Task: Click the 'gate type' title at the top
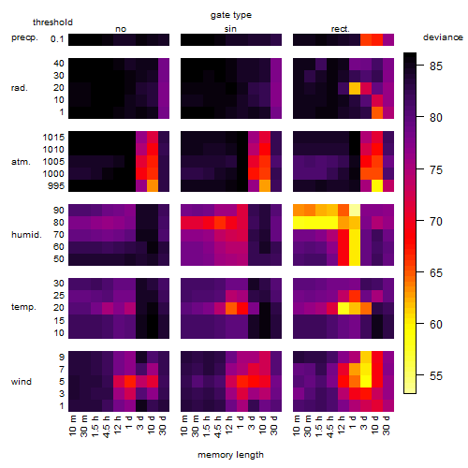[231, 15]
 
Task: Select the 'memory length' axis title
[230, 455]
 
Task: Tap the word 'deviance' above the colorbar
[443, 37]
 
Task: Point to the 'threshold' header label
[52, 22]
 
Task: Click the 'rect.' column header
[341, 29]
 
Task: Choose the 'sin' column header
[230, 29]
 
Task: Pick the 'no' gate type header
[121, 29]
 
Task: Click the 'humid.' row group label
[26, 235]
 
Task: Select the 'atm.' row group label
[21, 162]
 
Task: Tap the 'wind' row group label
[22, 382]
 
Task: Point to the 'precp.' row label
[24, 37]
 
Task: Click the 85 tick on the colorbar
[436, 66]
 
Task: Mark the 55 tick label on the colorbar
[436, 375]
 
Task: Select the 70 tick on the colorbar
[436, 222]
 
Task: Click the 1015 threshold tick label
[53, 138]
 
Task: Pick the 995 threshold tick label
[56, 186]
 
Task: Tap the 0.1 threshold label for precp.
[57, 39]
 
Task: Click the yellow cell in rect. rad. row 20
[355, 88]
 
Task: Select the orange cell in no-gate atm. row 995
[153, 185]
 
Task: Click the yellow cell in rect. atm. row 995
[377, 185]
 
